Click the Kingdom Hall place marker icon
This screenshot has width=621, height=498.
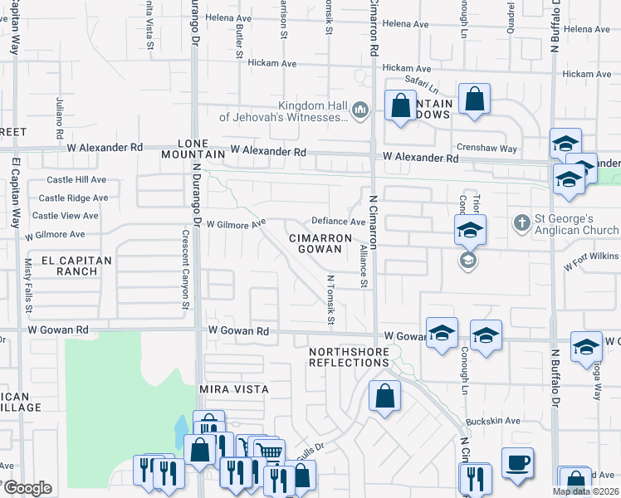[x=360, y=110]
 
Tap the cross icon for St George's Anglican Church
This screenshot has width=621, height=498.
[x=521, y=222]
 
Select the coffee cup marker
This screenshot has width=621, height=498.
[x=517, y=463]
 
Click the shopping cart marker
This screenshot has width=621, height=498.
[x=269, y=452]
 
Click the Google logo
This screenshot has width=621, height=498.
[x=27, y=488]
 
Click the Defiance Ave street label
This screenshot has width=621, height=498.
[x=338, y=222]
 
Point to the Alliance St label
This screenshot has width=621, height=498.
[x=363, y=266]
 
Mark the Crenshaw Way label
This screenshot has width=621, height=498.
[x=491, y=149]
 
